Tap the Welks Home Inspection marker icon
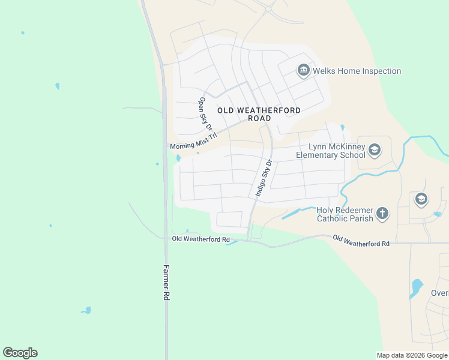click(x=303, y=71)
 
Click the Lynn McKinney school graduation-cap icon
click(x=375, y=150)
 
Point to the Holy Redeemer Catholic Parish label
click(x=345, y=214)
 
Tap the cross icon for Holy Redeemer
click(x=382, y=212)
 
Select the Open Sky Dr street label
click(x=206, y=114)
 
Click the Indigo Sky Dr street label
click(x=264, y=178)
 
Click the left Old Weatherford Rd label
click(x=200, y=239)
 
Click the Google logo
click(x=20, y=353)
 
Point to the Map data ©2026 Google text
click(x=412, y=355)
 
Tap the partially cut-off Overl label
click(x=439, y=293)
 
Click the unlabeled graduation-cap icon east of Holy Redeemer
click(x=421, y=199)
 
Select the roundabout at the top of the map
click(x=268, y=10)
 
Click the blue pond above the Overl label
click(x=415, y=287)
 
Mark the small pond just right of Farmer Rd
click(x=178, y=158)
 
